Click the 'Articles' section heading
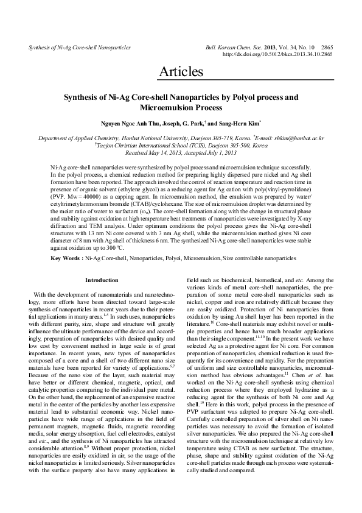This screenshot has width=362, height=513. tap(181, 72)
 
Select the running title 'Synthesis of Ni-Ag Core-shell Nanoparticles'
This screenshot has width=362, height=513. tap(71, 47)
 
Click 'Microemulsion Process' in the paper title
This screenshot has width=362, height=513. tap(181, 107)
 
